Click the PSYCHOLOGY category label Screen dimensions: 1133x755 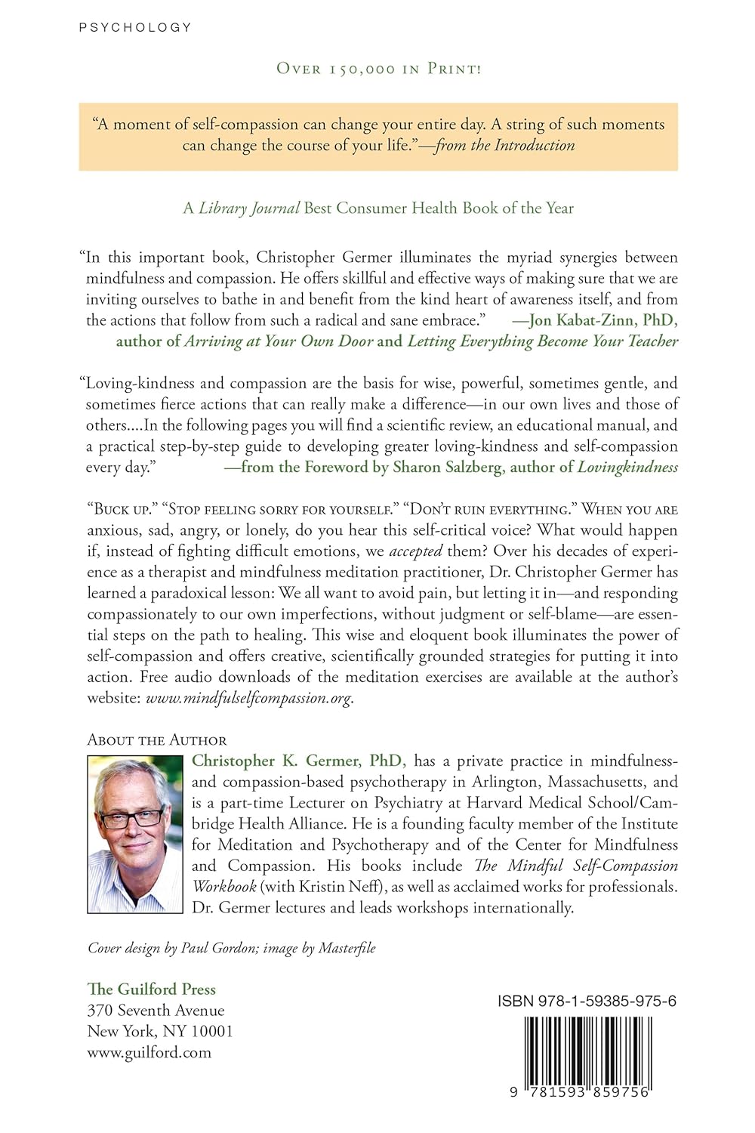pos(135,27)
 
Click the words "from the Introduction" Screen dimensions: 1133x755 pos(504,145)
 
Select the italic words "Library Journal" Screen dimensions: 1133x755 pos(249,208)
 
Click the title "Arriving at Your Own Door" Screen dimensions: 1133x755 pos(279,341)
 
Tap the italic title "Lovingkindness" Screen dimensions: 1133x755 pos(627,467)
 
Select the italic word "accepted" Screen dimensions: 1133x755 pos(416,551)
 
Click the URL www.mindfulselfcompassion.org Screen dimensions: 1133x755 pos(248,698)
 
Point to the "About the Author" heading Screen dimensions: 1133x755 pos(157,740)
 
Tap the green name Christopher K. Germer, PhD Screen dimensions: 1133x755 pos(299,761)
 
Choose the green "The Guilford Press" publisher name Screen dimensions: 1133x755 pos(152,989)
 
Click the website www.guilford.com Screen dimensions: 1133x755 pos(149,1052)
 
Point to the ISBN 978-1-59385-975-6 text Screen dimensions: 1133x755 pos(587,1002)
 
